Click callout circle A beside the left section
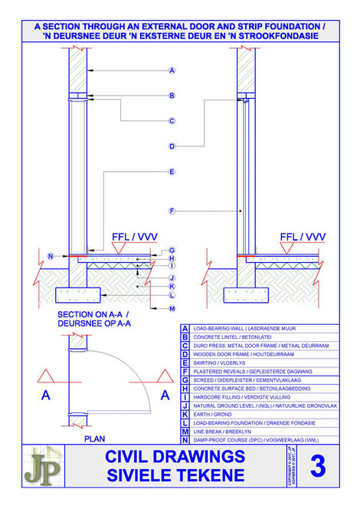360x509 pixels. coord(172,71)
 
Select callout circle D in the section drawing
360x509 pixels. coord(172,146)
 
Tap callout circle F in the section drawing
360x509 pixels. coord(172,211)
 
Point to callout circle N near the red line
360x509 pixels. coord(51,255)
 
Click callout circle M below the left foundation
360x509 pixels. coord(172,308)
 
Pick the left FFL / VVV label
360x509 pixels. coord(133,236)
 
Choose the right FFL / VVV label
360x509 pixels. coord(303,236)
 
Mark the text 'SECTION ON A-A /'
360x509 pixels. coord(92,314)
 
